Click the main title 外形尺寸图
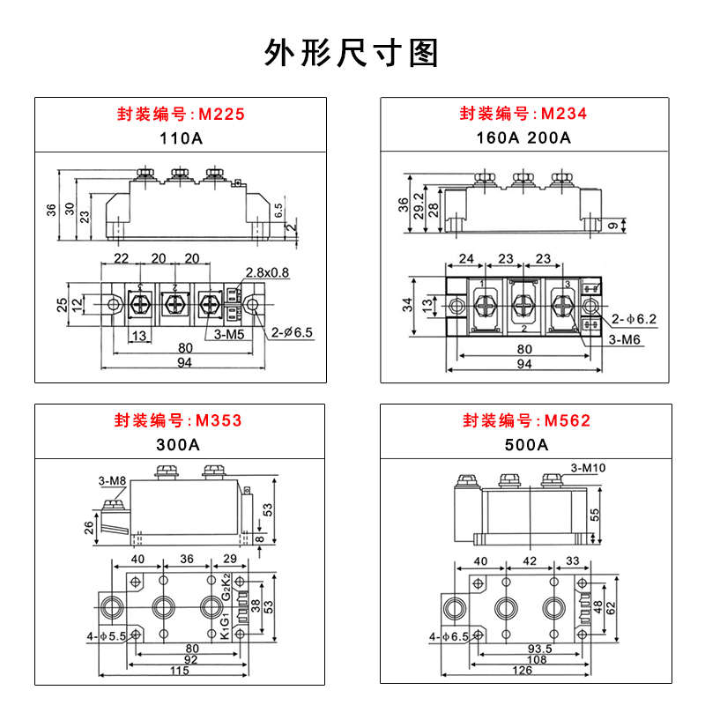coord(352,53)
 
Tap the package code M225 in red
coord(221,115)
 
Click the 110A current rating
coord(181,138)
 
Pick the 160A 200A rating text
coord(524,138)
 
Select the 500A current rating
coord(525,444)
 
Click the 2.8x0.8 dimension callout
coord(268,271)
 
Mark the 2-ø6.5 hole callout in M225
coord(293,333)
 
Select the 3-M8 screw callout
coord(112,480)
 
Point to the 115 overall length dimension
coord(179,672)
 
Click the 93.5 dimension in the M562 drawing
coord(540,648)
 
